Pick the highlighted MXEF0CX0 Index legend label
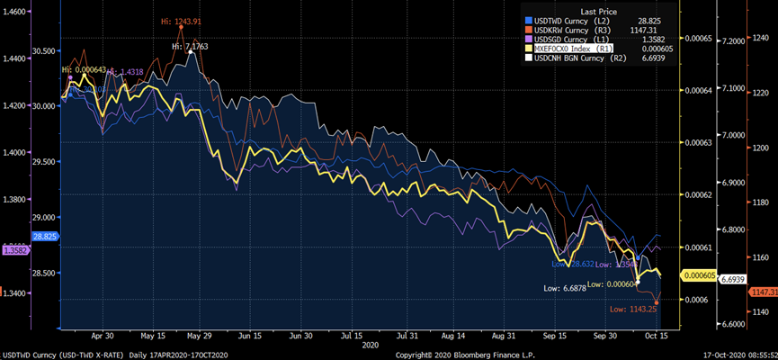coord(561,49)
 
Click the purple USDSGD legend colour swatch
coord(529,39)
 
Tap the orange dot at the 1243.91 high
coord(182,27)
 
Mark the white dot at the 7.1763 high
coord(191,52)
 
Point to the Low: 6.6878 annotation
coord(568,288)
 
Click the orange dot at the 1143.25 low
coord(657,301)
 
